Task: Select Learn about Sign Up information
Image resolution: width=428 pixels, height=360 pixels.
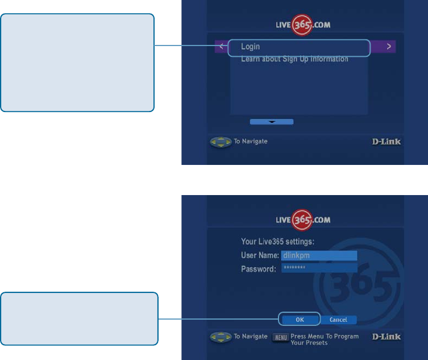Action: [294, 59]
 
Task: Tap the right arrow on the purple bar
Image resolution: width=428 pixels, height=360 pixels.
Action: [389, 47]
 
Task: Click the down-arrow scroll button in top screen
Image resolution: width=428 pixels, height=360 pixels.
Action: [272, 122]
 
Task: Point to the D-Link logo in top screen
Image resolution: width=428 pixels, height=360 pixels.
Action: [383, 142]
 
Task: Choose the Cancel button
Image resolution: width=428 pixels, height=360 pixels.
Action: [338, 320]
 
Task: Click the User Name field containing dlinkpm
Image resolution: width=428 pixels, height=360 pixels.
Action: [318, 256]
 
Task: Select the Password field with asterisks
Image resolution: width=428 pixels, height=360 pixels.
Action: [318, 268]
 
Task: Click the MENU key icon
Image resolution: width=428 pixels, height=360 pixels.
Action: [281, 337]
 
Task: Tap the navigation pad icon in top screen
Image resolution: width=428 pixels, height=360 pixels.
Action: [221, 142]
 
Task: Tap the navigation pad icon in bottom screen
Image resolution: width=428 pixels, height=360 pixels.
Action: [221, 337]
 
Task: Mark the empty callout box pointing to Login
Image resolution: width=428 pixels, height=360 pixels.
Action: [77, 63]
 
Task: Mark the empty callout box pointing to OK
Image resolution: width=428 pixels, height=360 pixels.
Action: [79, 318]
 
